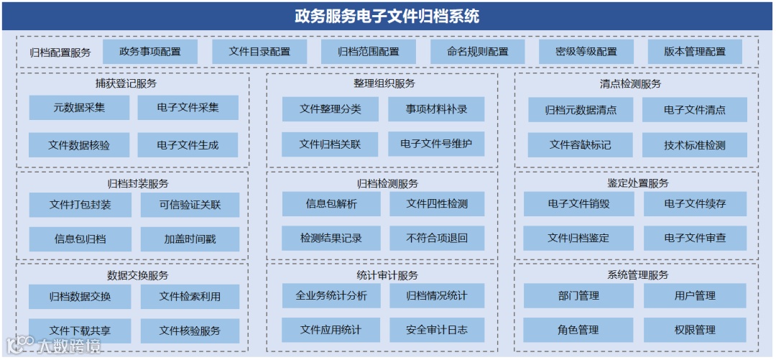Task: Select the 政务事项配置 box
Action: pyautogui.click(x=150, y=52)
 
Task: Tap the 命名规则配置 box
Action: pyautogui.click(x=477, y=52)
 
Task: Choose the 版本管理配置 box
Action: pyautogui.click(x=694, y=52)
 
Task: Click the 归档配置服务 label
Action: pyautogui.click(x=60, y=52)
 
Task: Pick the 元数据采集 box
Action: pyautogui.click(x=79, y=108)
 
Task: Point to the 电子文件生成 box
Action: pyautogui.click(x=188, y=145)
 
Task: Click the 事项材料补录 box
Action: pyautogui.click(x=436, y=109)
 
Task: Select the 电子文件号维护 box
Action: pyautogui.click(x=436, y=144)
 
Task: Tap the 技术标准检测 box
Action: pyautogui.click(x=694, y=145)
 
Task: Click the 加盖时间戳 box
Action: pyautogui.click(x=190, y=239)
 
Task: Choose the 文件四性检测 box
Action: pyautogui.click(x=437, y=204)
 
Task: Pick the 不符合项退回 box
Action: pyautogui.click(x=437, y=239)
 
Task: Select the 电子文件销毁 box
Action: pyautogui.click(x=578, y=204)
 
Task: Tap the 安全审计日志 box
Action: pyautogui.click(x=437, y=331)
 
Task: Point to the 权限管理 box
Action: pyautogui.click(x=695, y=331)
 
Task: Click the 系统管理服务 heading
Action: pyautogui.click(x=637, y=275)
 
